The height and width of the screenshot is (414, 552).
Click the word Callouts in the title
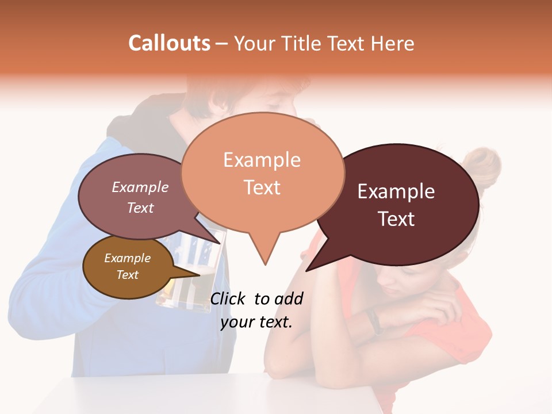(169, 43)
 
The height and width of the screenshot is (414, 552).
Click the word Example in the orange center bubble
(262, 160)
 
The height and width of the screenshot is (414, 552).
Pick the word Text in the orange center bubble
(262, 187)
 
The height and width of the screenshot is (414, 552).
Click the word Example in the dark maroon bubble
(396, 191)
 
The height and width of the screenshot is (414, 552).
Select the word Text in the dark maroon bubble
(397, 219)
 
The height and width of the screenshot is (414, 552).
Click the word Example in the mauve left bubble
(140, 187)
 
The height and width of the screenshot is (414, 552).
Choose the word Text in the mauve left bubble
(140, 208)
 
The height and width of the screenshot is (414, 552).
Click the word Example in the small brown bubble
(127, 258)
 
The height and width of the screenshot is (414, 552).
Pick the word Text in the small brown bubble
(127, 275)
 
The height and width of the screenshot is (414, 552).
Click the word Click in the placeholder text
(229, 298)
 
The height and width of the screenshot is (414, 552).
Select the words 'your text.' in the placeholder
(256, 322)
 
